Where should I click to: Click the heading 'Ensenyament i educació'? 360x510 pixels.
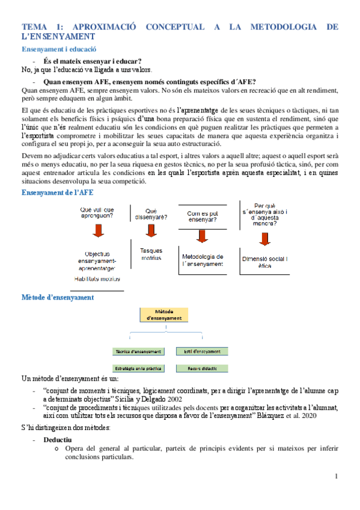tap(59, 49)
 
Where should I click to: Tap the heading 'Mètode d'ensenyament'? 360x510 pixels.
tap(57, 298)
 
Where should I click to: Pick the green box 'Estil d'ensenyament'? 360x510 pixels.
tap(201, 351)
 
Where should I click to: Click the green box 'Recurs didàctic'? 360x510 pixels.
tap(201, 368)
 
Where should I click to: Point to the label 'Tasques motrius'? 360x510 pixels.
tap(151, 254)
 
